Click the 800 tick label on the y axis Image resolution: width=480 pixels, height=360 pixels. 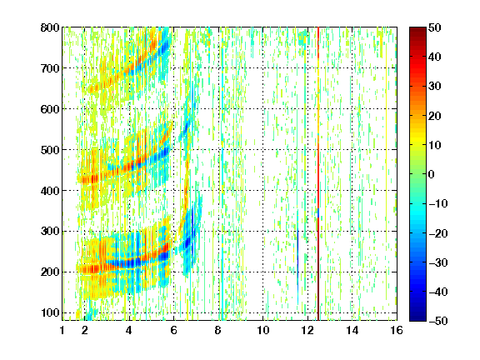[x=50, y=27]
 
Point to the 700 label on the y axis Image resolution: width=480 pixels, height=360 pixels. [x=50, y=68]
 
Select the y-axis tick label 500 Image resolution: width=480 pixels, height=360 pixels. [x=50, y=150]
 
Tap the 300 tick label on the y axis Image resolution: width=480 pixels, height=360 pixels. [x=50, y=232]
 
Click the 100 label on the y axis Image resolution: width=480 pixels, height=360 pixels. [x=50, y=312]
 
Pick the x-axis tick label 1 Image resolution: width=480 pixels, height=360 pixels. [x=62, y=330]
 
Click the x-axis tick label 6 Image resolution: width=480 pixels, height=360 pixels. [x=173, y=330]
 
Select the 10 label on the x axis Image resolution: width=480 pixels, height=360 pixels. [x=262, y=330]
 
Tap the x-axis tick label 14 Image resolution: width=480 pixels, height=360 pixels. [x=352, y=330]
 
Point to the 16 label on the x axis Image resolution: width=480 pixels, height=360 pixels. [x=397, y=330]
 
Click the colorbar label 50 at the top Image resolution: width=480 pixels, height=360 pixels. [x=434, y=27]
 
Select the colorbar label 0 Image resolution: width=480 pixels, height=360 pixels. [x=432, y=174]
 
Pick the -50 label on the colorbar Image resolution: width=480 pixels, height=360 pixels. [x=438, y=321]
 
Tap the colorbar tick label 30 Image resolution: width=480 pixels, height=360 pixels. [x=434, y=86]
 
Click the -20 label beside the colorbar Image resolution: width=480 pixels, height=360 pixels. [x=438, y=233]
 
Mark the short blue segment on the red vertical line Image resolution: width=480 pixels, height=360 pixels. [x=318, y=213]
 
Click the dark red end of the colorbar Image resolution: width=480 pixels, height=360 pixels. [x=417, y=31]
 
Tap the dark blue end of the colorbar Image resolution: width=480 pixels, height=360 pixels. [x=417, y=317]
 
